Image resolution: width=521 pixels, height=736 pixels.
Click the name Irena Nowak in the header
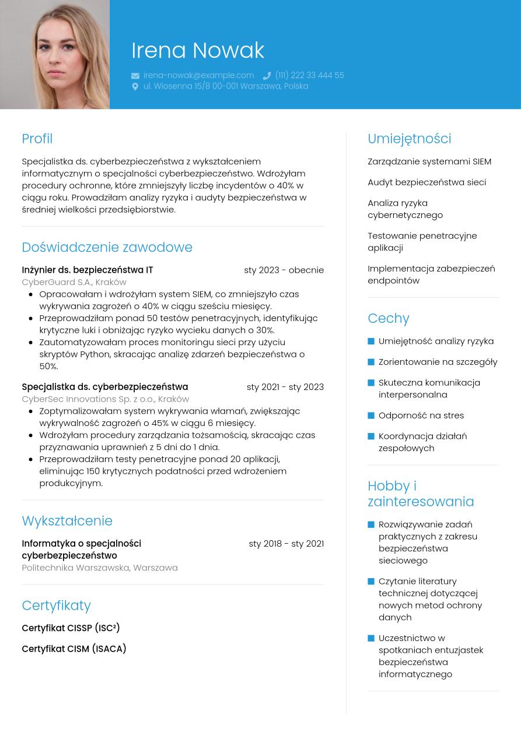click(x=198, y=51)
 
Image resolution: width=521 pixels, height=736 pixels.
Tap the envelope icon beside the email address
click(x=135, y=76)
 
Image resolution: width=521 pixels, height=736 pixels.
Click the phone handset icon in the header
click(x=267, y=76)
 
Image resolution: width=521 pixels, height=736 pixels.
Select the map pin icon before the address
click(x=135, y=86)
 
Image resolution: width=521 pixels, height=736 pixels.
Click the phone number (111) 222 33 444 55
click(x=309, y=75)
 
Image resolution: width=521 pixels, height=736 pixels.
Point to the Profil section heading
click(x=37, y=139)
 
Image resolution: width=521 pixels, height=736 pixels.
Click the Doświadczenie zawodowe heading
click(x=107, y=247)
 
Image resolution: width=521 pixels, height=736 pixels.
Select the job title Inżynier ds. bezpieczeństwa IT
click(x=88, y=270)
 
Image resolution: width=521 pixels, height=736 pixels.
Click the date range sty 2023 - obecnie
click(x=284, y=270)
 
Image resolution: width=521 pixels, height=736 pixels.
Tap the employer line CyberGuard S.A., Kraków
click(x=74, y=282)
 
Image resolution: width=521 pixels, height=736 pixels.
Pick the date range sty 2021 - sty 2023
click(x=285, y=387)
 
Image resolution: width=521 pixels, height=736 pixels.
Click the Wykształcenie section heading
click(x=67, y=521)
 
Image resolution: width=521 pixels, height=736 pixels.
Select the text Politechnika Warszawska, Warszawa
click(x=100, y=568)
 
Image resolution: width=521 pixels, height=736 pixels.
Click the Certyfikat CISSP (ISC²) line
click(x=71, y=628)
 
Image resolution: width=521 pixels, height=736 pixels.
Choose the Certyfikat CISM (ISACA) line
click(x=74, y=649)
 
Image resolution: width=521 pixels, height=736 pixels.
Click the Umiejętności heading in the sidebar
click(x=409, y=139)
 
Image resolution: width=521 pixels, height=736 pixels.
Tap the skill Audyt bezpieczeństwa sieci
click(x=426, y=182)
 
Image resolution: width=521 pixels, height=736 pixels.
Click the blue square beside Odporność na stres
click(x=371, y=415)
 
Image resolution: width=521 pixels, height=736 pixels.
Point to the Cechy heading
click(x=389, y=318)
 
